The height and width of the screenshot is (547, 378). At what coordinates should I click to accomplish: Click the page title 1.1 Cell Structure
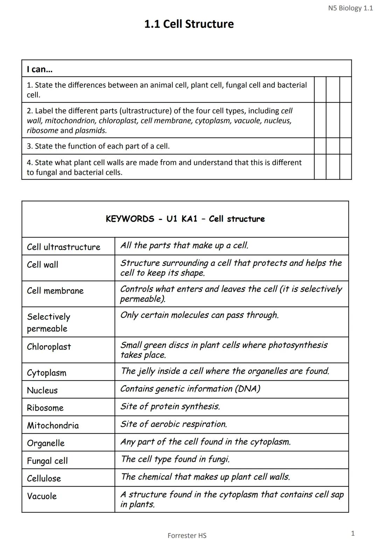(189, 24)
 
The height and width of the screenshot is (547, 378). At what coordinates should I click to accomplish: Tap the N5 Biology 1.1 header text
(350, 8)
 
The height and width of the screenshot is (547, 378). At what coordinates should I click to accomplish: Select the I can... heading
(40, 69)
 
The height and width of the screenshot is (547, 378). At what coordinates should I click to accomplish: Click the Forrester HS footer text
(187, 535)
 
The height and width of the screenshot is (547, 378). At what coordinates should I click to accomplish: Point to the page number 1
(353, 533)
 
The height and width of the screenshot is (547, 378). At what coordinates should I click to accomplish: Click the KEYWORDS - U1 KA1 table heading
(185, 219)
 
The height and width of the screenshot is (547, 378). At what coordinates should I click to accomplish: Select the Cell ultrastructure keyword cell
(63, 247)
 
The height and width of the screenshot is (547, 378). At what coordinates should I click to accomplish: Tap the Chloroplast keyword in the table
(49, 347)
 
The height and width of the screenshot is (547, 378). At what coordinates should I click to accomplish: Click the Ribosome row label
(45, 408)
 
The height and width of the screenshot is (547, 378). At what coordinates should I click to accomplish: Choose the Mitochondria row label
(53, 425)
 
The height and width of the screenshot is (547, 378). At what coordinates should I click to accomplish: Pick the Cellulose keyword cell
(44, 478)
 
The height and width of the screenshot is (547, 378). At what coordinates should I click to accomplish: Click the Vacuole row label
(42, 496)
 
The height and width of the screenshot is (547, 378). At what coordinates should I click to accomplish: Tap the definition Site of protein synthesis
(170, 406)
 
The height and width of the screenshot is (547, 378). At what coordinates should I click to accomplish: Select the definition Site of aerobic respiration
(174, 424)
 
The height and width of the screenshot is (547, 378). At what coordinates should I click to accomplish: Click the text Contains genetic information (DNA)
(190, 389)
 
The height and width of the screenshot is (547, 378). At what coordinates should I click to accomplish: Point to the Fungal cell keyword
(47, 461)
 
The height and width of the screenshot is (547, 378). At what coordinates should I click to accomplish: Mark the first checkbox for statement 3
(320, 146)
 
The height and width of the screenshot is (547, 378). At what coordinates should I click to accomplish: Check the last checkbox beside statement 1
(345, 90)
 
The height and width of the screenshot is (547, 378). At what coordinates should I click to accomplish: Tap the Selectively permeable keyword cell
(48, 322)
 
